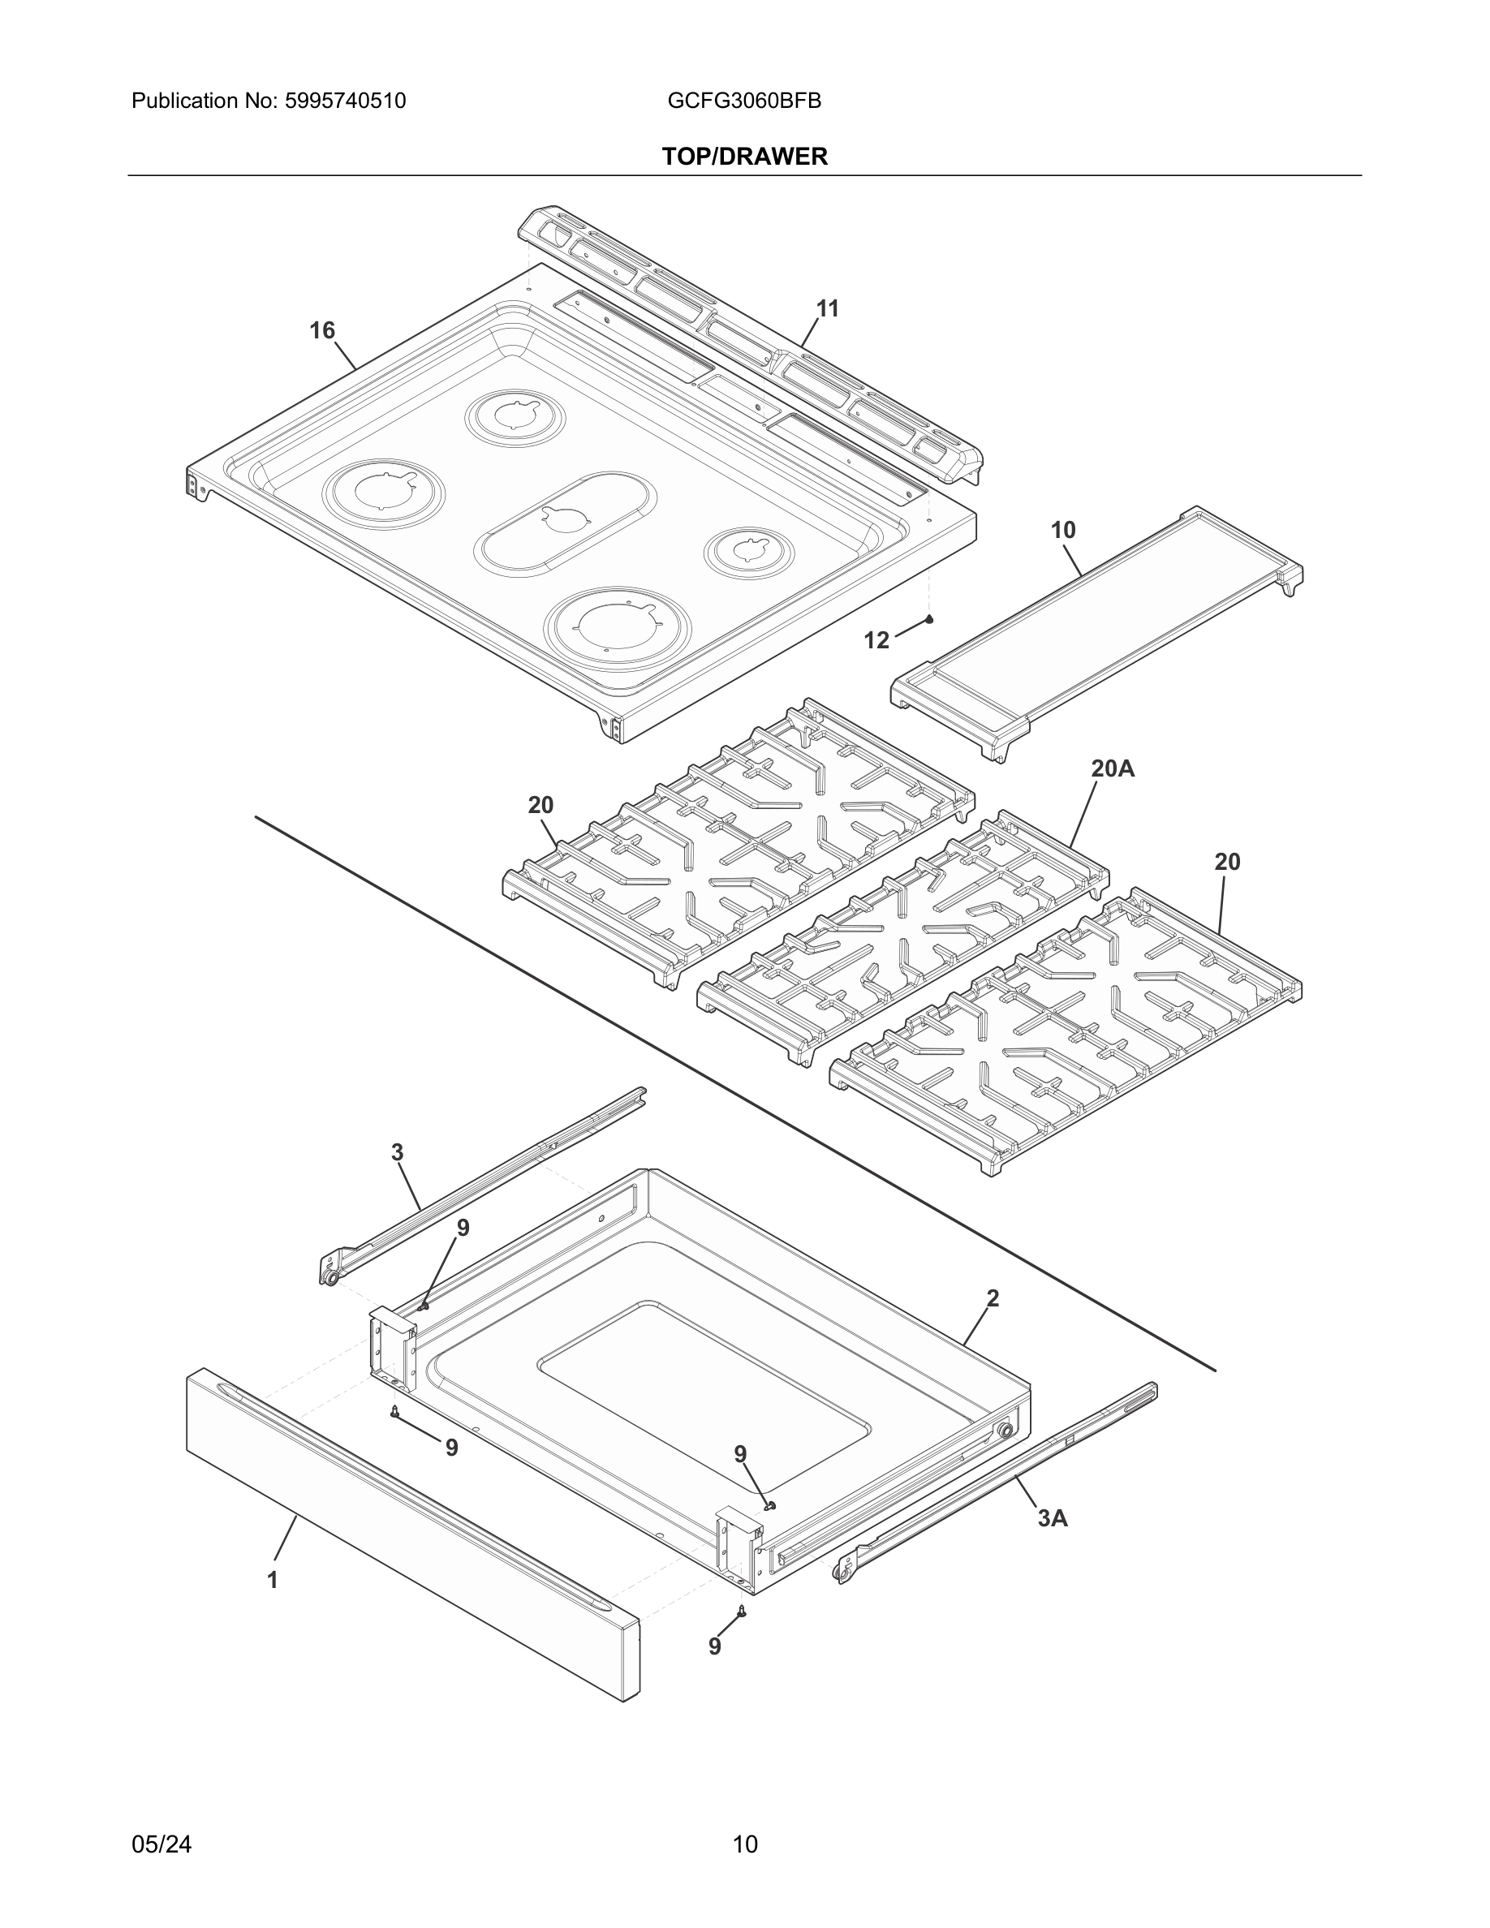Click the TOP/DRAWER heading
pos(744,157)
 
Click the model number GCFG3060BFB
pos(744,101)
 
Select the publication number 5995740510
pos(345,101)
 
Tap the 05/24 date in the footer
pos(161,1844)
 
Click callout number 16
pos(322,330)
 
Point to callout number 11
pos(827,309)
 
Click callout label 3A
pos(1053,1517)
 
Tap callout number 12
pos(876,641)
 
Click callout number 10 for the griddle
pos(1063,531)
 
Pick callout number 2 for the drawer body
pos(993,1298)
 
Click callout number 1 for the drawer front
pos(273,1580)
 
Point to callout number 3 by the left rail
pos(397,1152)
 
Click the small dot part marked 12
pos(929,620)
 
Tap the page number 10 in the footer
pos(744,1844)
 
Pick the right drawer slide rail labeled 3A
pos(997,1483)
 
